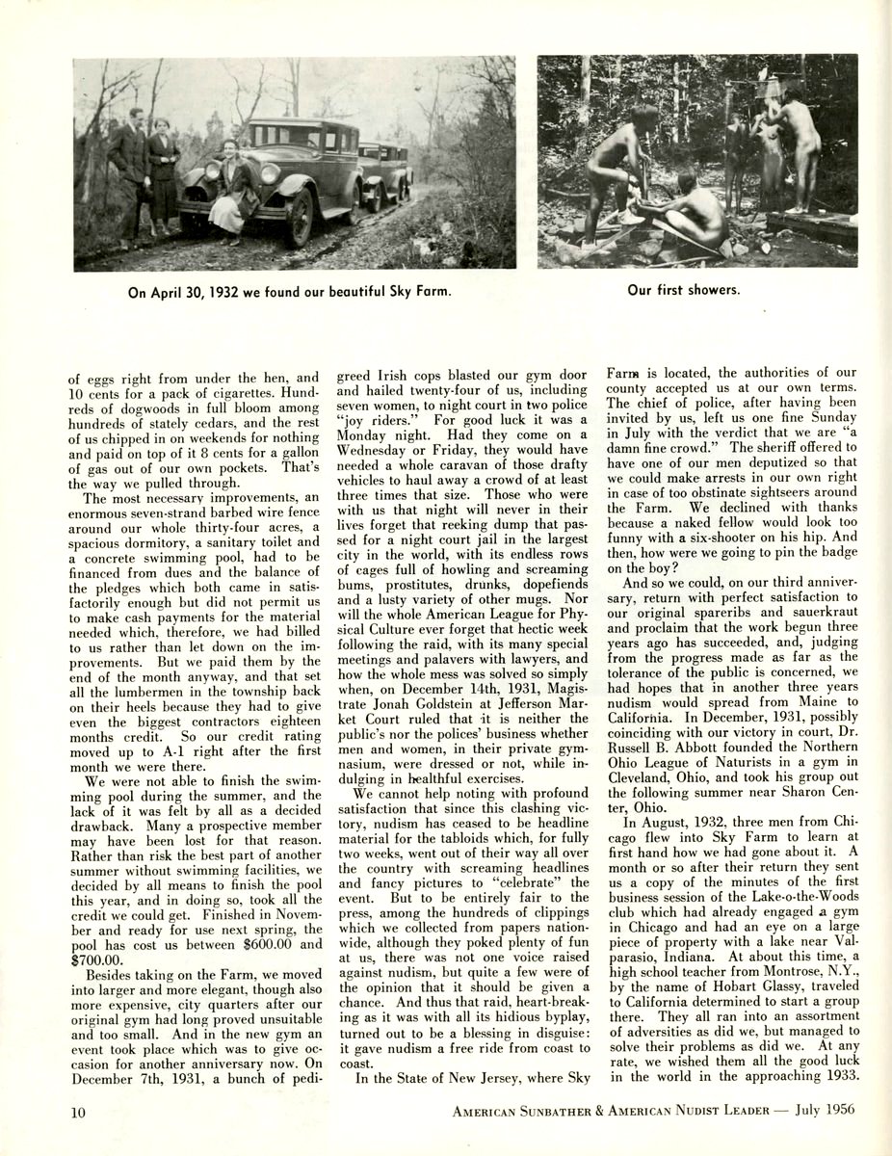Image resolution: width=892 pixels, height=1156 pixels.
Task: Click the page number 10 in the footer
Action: [79, 1109]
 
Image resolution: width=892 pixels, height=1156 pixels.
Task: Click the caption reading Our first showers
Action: [684, 289]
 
